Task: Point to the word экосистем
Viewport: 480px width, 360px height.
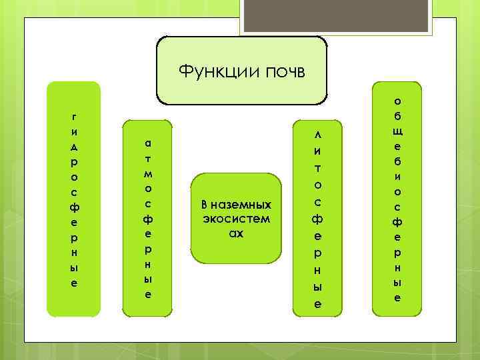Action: click(x=237, y=219)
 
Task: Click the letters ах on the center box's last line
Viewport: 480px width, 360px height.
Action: click(x=237, y=233)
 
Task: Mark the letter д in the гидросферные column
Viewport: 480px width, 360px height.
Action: click(x=73, y=146)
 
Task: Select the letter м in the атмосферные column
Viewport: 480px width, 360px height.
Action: click(x=148, y=173)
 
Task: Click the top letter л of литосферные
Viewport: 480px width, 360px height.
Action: click(x=318, y=135)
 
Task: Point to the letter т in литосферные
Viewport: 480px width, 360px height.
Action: click(x=318, y=167)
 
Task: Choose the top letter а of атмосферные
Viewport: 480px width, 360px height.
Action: click(x=148, y=143)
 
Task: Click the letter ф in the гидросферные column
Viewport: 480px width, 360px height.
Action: click(x=73, y=207)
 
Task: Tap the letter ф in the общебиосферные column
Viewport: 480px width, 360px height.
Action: click(x=397, y=221)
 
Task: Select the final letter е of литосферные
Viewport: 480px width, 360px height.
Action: click(x=318, y=304)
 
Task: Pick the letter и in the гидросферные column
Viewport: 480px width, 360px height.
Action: click(x=73, y=131)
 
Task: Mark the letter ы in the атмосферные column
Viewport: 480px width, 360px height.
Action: click(x=148, y=278)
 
